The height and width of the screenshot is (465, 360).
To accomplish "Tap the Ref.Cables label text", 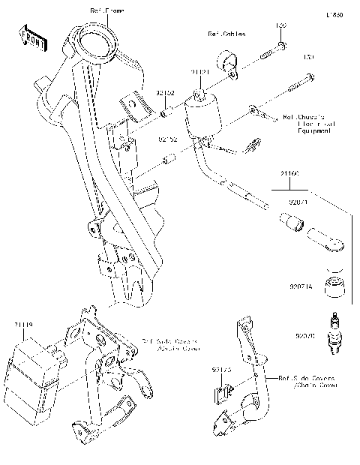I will pos(226,34).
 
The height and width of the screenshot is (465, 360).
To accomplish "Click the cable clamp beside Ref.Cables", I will pos(225,64).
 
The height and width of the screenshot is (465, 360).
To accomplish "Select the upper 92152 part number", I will pos(166,93).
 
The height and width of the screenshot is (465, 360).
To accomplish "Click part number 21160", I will pos(290,174).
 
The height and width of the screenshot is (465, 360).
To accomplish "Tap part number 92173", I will pos(221,370).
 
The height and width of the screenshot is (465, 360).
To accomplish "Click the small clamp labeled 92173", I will pos(221,389).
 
